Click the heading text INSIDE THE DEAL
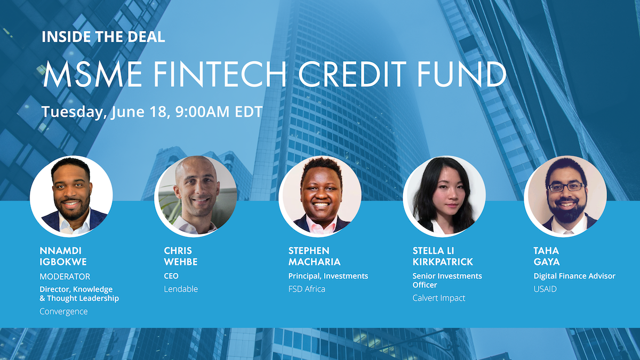pyautogui.click(x=103, y=37)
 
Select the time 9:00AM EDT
pyautogui.click(x=215, y=113)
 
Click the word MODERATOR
pyautogui.click(x=65, y=277)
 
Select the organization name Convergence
pyautogui.click(x=63, y=311)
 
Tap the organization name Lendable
pyautogui.click(x=181, y=289)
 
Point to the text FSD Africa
pyautogui.click(x=307, y=289)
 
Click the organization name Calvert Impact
pyautogui.click(x=439, y=298)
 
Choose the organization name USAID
pyautogui.click(x=545, y=289)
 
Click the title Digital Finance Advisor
pyautogui.click(x=574, y=276)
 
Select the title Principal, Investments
pyautogui.click(x=328, y=276)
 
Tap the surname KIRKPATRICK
pyautogui.click(x=443, y=262)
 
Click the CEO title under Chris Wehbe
pyautogui.click(x=171, y=276)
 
